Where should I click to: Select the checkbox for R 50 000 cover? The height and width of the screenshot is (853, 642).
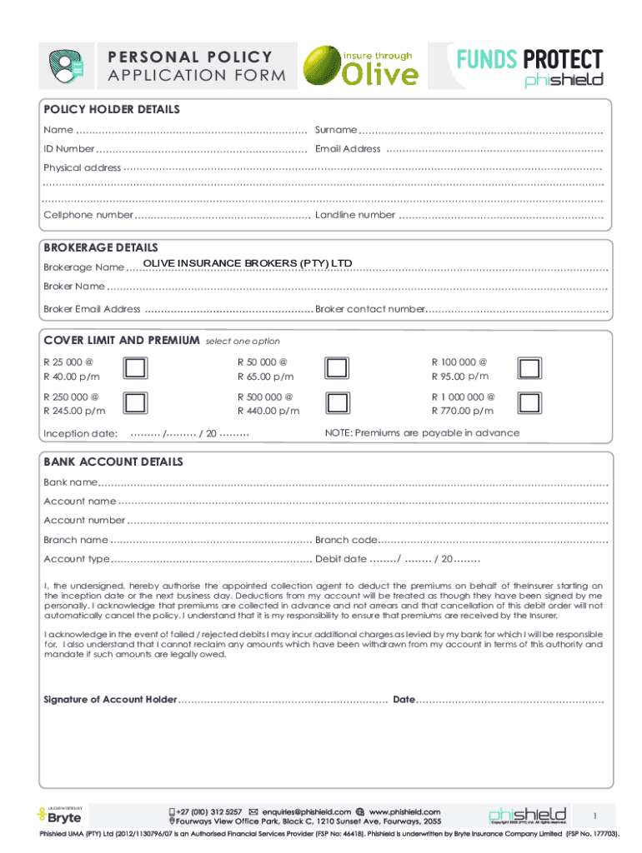click(x=336, y=369)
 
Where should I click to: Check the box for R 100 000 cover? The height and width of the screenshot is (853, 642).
click(x=529, y=369)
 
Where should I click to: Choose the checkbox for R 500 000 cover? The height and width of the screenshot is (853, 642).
click(x=336, y=403)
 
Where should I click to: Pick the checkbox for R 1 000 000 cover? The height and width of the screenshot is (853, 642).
click(x=529, y=403)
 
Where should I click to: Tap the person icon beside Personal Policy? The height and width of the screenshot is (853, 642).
click(x=66, y=67)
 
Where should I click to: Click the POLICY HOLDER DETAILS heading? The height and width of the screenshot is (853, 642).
click(x=112, y=110)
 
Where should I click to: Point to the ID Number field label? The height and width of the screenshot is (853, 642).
click(x=69, y=149)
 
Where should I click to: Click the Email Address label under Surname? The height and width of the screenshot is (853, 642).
click(x=348, y=149)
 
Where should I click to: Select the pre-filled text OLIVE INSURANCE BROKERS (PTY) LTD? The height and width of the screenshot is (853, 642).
click(x=248, y=264)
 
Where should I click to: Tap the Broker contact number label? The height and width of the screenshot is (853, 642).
click(x=370, y=309)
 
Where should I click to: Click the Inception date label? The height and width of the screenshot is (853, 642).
click(x=80, y=433)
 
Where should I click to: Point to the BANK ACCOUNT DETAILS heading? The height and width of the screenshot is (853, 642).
click(x=113, y=462)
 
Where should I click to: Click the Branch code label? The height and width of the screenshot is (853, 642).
click(x=346, y=540)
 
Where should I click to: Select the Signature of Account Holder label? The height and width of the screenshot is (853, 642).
click(x=110, y=700)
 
